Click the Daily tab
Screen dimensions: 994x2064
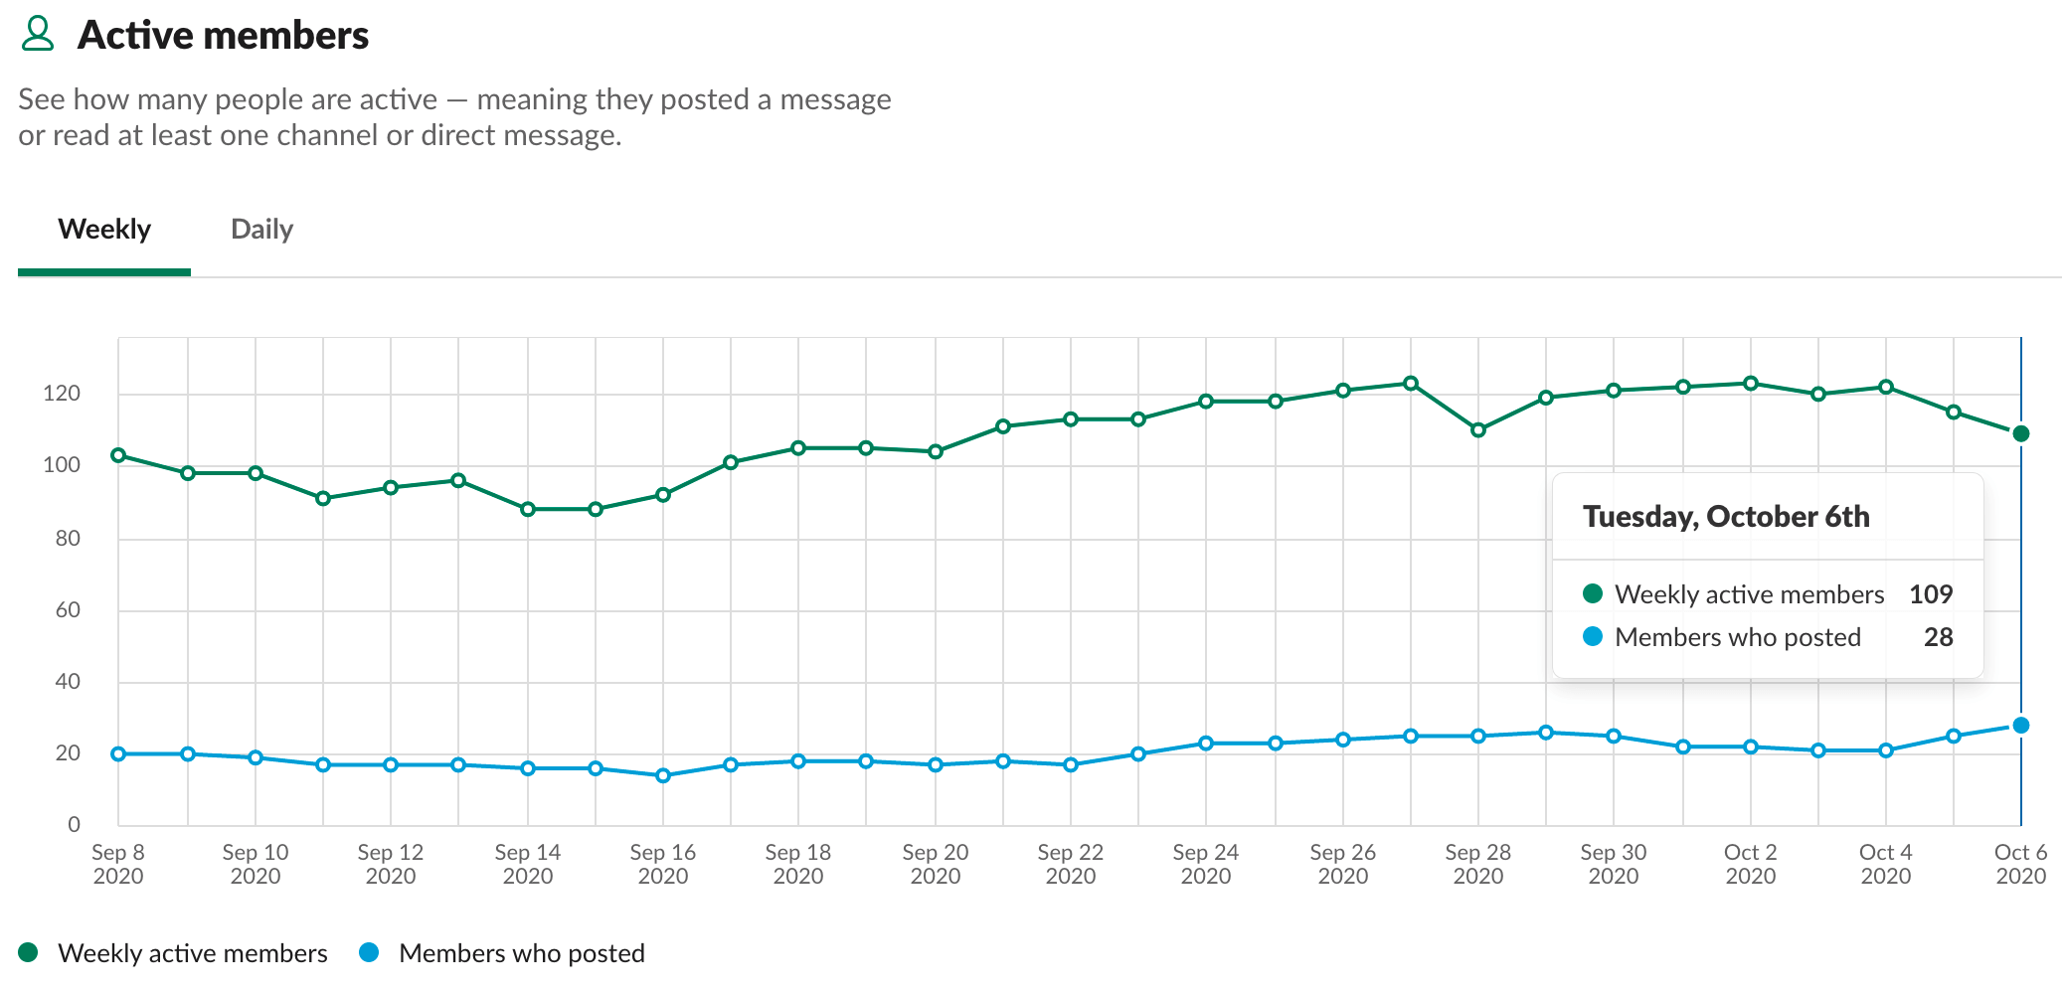click(x=261, y=230)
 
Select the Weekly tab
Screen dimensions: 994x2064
click(x=104, y=230)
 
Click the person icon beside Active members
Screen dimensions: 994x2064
click(x=38, y=34)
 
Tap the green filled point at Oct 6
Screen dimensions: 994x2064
click(x=2020, y=433)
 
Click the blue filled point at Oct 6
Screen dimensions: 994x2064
click(x=2020, y=726)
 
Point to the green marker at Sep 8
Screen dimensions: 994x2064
click(x=118, y=455)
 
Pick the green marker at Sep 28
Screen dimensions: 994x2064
click(x=1478, y=430)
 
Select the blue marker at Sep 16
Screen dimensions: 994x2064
click(x=663, y=775)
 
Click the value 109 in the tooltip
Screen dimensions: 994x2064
click(x=1931, y=594)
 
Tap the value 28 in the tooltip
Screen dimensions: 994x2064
click(x=1938, y=637)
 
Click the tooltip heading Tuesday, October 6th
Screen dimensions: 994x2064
click(x=1726, y=517)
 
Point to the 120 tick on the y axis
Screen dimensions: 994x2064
click(x=62, y=394)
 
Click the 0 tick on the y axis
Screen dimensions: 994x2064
click(x=74, y=824)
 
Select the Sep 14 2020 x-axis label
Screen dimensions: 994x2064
click(x=527, y=864)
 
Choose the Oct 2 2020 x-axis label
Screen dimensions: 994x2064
click(x=1750, y=864)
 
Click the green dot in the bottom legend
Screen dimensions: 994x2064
click(x=28, y=952)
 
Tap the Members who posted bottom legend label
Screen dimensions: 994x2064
click(x=521, y=953)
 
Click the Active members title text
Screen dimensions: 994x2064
click(x=223, y=36)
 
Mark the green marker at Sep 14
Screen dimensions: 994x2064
click(x=528, y=509)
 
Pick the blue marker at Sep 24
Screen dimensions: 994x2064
click(x=1206, y=744)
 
